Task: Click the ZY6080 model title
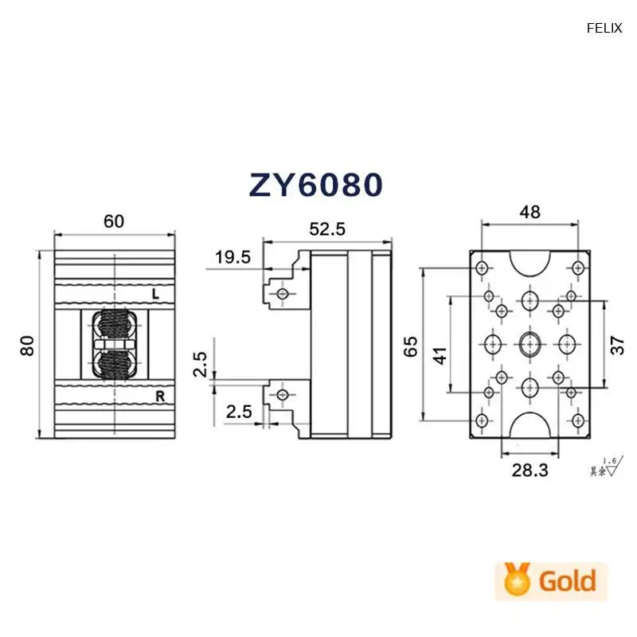tap(317, 184)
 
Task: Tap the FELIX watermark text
tap(604, 28)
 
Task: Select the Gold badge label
tap(567, 580)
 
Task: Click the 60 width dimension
tap(114, 221)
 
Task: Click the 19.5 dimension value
tap(233, 256)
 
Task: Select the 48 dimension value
tap(530, 212)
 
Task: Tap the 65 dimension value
tap(412, 345)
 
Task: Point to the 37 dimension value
tap(618, 345)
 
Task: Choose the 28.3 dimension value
tap(530, 470)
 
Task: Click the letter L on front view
tap(157, 295)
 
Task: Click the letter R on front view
tap(158, 395)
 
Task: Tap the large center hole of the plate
tap(530, 344)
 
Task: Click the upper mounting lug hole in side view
tap(281, 295)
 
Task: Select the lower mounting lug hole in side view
tap(281, 395)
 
